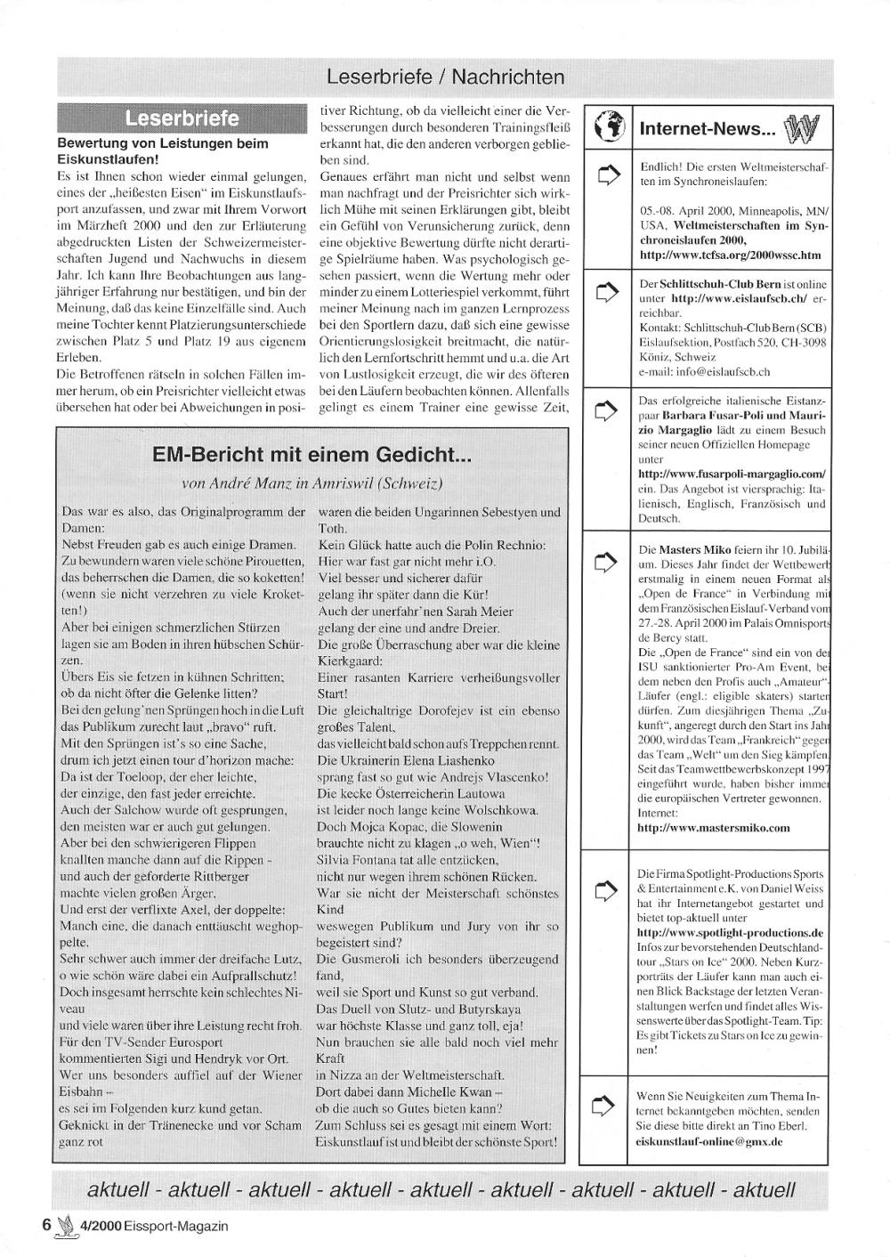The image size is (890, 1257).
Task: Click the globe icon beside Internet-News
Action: coord(607,127)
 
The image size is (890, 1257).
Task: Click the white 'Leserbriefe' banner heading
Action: coord(182,118)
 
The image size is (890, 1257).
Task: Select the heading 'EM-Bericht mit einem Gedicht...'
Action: coord(311,455)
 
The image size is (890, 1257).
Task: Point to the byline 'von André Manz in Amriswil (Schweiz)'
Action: coord(311,483)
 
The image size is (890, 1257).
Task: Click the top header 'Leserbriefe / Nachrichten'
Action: coord(445,77)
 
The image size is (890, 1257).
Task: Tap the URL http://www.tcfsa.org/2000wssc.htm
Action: coord(730,255)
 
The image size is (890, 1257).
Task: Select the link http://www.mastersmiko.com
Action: coord(714,827)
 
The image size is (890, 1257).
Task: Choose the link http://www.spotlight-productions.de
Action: coord(730,932)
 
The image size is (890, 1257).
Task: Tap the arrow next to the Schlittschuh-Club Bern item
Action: coord(606,290)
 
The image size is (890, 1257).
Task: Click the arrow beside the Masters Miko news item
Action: coord(606,561)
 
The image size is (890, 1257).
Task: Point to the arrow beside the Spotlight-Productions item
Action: coord(606,888)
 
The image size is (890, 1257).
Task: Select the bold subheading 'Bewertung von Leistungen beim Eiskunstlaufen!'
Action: coord(162,150)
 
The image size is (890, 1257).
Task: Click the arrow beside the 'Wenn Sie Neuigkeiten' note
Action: coord(606,1107)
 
